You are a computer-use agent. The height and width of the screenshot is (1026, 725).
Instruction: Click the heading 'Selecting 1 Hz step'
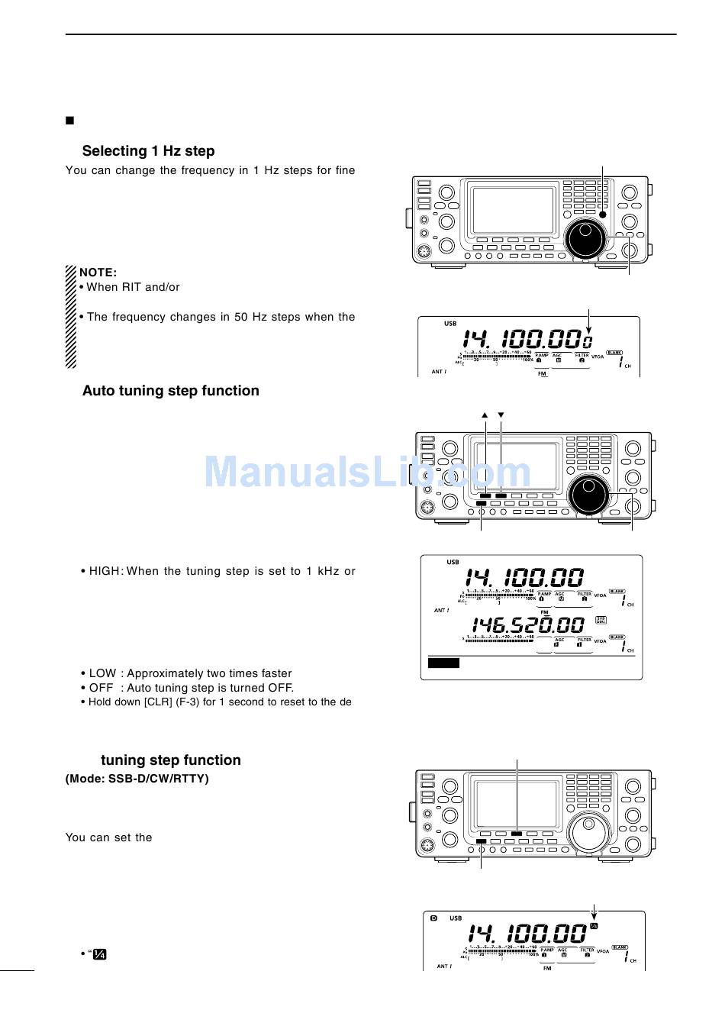click(148, 151)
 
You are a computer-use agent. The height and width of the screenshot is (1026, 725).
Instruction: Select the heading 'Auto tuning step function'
click(170, 391)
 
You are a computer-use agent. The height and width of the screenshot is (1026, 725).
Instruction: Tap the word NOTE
click(98, 273)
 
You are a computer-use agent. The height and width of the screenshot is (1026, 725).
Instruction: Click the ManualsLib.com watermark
click(367, 473)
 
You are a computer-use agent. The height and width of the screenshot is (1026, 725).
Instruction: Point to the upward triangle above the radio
click(485, 415)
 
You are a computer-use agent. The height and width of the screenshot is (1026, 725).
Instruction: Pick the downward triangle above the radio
click(501, 415)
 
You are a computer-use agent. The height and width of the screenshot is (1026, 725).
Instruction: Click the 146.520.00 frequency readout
click(528, 627)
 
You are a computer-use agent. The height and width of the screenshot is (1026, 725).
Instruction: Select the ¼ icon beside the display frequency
click(594, 927)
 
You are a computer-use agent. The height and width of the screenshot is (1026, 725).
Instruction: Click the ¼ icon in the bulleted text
click(100, 955)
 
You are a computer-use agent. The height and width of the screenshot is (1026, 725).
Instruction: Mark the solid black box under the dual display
click(443, 663)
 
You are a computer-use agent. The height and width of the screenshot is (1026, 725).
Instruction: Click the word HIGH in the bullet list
click(105, 571)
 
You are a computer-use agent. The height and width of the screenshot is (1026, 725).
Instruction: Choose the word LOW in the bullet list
click(103, 673)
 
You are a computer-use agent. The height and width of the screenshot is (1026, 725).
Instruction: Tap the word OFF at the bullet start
click(101, 688)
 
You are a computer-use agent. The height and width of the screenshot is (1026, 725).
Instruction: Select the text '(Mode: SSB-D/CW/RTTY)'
click(137, 779)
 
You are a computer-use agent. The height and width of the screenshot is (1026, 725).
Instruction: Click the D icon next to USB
click(433, 918)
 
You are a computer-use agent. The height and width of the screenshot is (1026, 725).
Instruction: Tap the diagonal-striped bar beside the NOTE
click(70, 316)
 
